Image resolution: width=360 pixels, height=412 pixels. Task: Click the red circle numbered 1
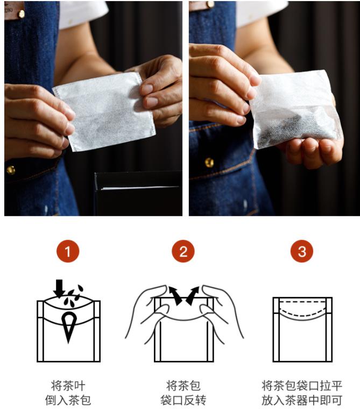[x=68, y=251]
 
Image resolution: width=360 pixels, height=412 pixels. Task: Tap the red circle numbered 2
[x=183, y=251]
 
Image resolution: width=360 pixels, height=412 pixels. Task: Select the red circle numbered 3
[x=302, y=251]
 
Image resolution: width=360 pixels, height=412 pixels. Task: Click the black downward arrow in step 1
[x=59, y=288]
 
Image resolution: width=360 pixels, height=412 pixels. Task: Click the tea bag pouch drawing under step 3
[x=302, y=330]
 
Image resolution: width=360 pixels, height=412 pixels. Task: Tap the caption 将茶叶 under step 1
[x=68, y=386]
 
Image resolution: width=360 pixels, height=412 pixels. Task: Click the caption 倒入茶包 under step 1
[x=68, y=400]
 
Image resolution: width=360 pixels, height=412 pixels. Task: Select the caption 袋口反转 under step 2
[x=183, y=400]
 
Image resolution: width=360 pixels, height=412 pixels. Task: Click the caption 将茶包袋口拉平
[x=302, y=386]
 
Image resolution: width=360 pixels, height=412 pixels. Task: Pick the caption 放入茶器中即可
[x=302, y=400]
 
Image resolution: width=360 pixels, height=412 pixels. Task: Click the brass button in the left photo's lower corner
[x=11, y=171]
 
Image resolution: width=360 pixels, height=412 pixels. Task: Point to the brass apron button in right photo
[x=209, y=162]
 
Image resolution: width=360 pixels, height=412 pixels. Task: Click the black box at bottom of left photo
[x=138, y=194]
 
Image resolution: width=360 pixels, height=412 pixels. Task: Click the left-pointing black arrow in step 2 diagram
[x=174, y=295]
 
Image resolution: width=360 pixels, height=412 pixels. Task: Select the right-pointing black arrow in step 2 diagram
[x=192, y=295]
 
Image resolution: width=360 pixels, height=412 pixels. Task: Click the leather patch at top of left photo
[x=15, y=10]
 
